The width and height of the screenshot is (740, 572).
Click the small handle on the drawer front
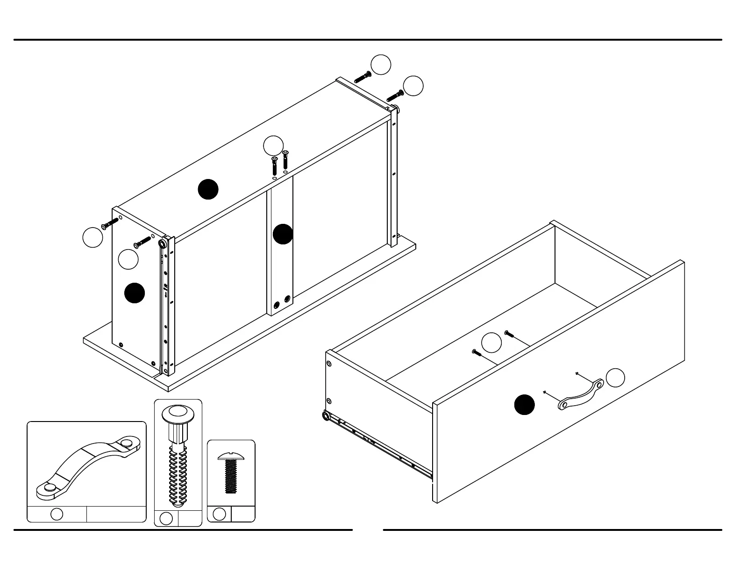[581, 395]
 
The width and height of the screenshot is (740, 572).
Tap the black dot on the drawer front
[525, 405]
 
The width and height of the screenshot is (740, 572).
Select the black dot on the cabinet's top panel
[208, 189]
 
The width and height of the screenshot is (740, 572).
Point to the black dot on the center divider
[283, 234]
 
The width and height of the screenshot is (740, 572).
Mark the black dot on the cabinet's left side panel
[135, 293]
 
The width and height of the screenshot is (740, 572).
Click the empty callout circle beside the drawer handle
[615, 378]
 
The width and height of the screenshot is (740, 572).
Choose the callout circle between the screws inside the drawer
[491, 343]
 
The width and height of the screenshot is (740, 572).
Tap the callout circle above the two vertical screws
[273, 145]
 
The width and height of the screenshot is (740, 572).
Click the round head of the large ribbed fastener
[178, 414]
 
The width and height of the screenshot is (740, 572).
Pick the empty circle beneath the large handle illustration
[57, 514]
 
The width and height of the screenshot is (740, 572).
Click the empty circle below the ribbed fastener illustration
[166, 518]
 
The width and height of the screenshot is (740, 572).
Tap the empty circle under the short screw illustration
[219, 514]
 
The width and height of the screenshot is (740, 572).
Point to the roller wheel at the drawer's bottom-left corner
[326, 415]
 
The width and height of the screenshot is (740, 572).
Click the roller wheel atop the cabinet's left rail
[163, 244]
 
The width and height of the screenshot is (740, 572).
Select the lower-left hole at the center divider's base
[277, 305]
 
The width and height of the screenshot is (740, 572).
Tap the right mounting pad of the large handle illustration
[126, 442]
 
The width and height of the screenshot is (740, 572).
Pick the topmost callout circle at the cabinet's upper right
[381, 64]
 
